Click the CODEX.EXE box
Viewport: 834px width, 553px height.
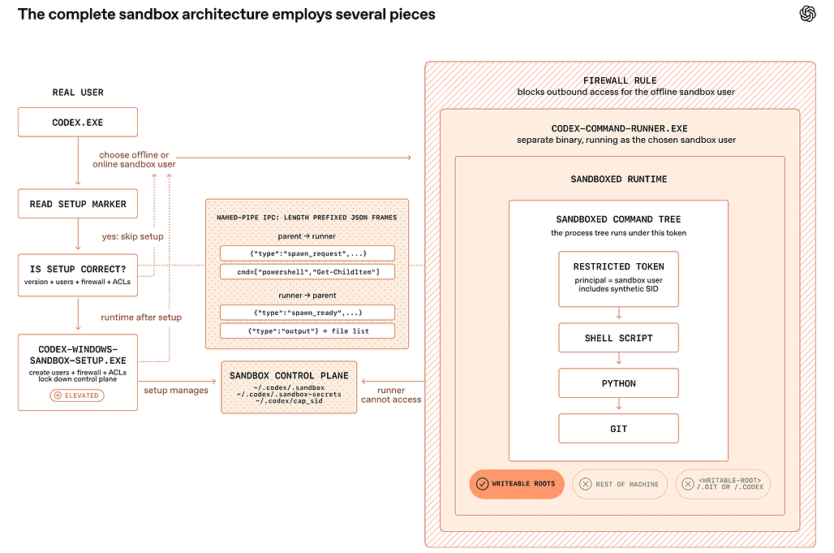78,122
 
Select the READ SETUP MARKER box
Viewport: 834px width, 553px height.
78,203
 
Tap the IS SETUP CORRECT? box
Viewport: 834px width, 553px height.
78,274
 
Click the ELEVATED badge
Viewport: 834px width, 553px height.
77,395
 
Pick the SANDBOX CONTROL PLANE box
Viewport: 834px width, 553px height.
289,387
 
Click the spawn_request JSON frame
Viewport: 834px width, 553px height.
307,253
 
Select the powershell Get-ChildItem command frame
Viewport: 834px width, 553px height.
307,271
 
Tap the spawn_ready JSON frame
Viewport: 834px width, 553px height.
307,313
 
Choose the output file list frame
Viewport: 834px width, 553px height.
307,331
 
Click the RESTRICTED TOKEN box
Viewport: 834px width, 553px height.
618,279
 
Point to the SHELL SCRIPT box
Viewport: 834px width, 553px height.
618,338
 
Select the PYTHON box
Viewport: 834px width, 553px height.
618,382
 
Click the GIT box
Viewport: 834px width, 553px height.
618,428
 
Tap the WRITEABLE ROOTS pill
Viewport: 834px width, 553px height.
517,484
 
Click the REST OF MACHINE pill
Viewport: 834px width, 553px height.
620,484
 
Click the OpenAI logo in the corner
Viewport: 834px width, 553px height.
807,14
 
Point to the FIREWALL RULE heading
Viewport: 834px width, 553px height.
620,80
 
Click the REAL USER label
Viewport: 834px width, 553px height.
78,92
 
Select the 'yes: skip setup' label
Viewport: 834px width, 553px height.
132,236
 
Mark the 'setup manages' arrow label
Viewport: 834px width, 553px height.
176,390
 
